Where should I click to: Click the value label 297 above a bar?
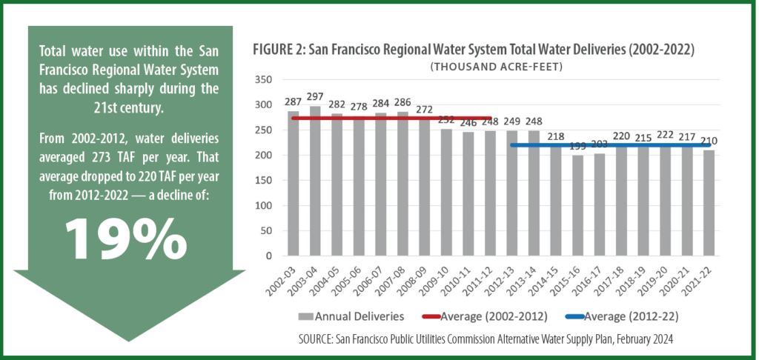(316, 99)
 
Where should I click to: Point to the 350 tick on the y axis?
(263, 80)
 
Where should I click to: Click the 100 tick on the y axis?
(263, 206)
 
